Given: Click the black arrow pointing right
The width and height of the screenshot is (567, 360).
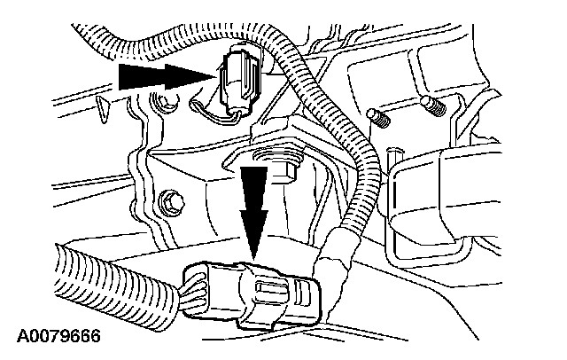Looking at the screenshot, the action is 164,78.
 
